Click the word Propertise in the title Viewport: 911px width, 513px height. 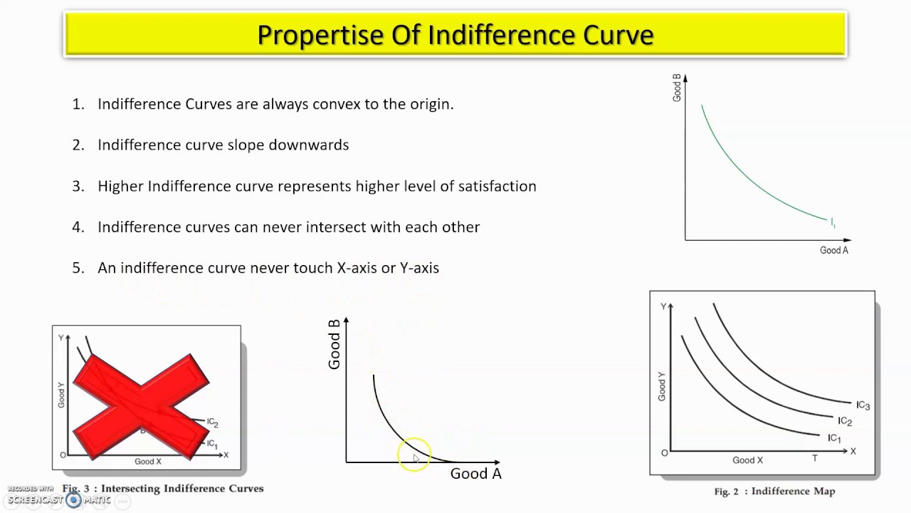320,35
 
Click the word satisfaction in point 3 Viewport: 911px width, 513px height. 497,186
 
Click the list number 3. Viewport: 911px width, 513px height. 78,186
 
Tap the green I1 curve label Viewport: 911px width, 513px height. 833,223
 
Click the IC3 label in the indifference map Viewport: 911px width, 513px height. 863,405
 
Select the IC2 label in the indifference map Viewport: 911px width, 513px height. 845,421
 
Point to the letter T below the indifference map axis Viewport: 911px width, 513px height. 815,458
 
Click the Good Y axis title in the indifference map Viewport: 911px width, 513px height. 662,386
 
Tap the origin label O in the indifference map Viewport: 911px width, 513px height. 664,453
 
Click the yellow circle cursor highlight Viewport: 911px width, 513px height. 414,455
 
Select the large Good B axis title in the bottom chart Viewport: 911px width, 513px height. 334,344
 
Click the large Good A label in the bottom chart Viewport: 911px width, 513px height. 476,474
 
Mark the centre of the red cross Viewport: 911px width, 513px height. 141,407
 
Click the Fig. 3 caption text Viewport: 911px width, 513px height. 163,488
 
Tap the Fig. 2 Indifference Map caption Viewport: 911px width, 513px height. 774,492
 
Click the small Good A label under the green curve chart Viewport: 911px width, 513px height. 833,250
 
